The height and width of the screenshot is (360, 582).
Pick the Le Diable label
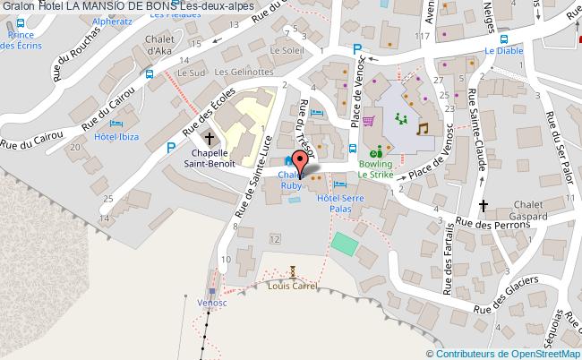pyautogui.click(x=503, y=51)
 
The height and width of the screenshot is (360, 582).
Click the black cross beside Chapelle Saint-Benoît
pyautogui.click(x=210, y=138)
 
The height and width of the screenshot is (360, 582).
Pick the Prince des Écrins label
pyautogui.click(x=19, y=41)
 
